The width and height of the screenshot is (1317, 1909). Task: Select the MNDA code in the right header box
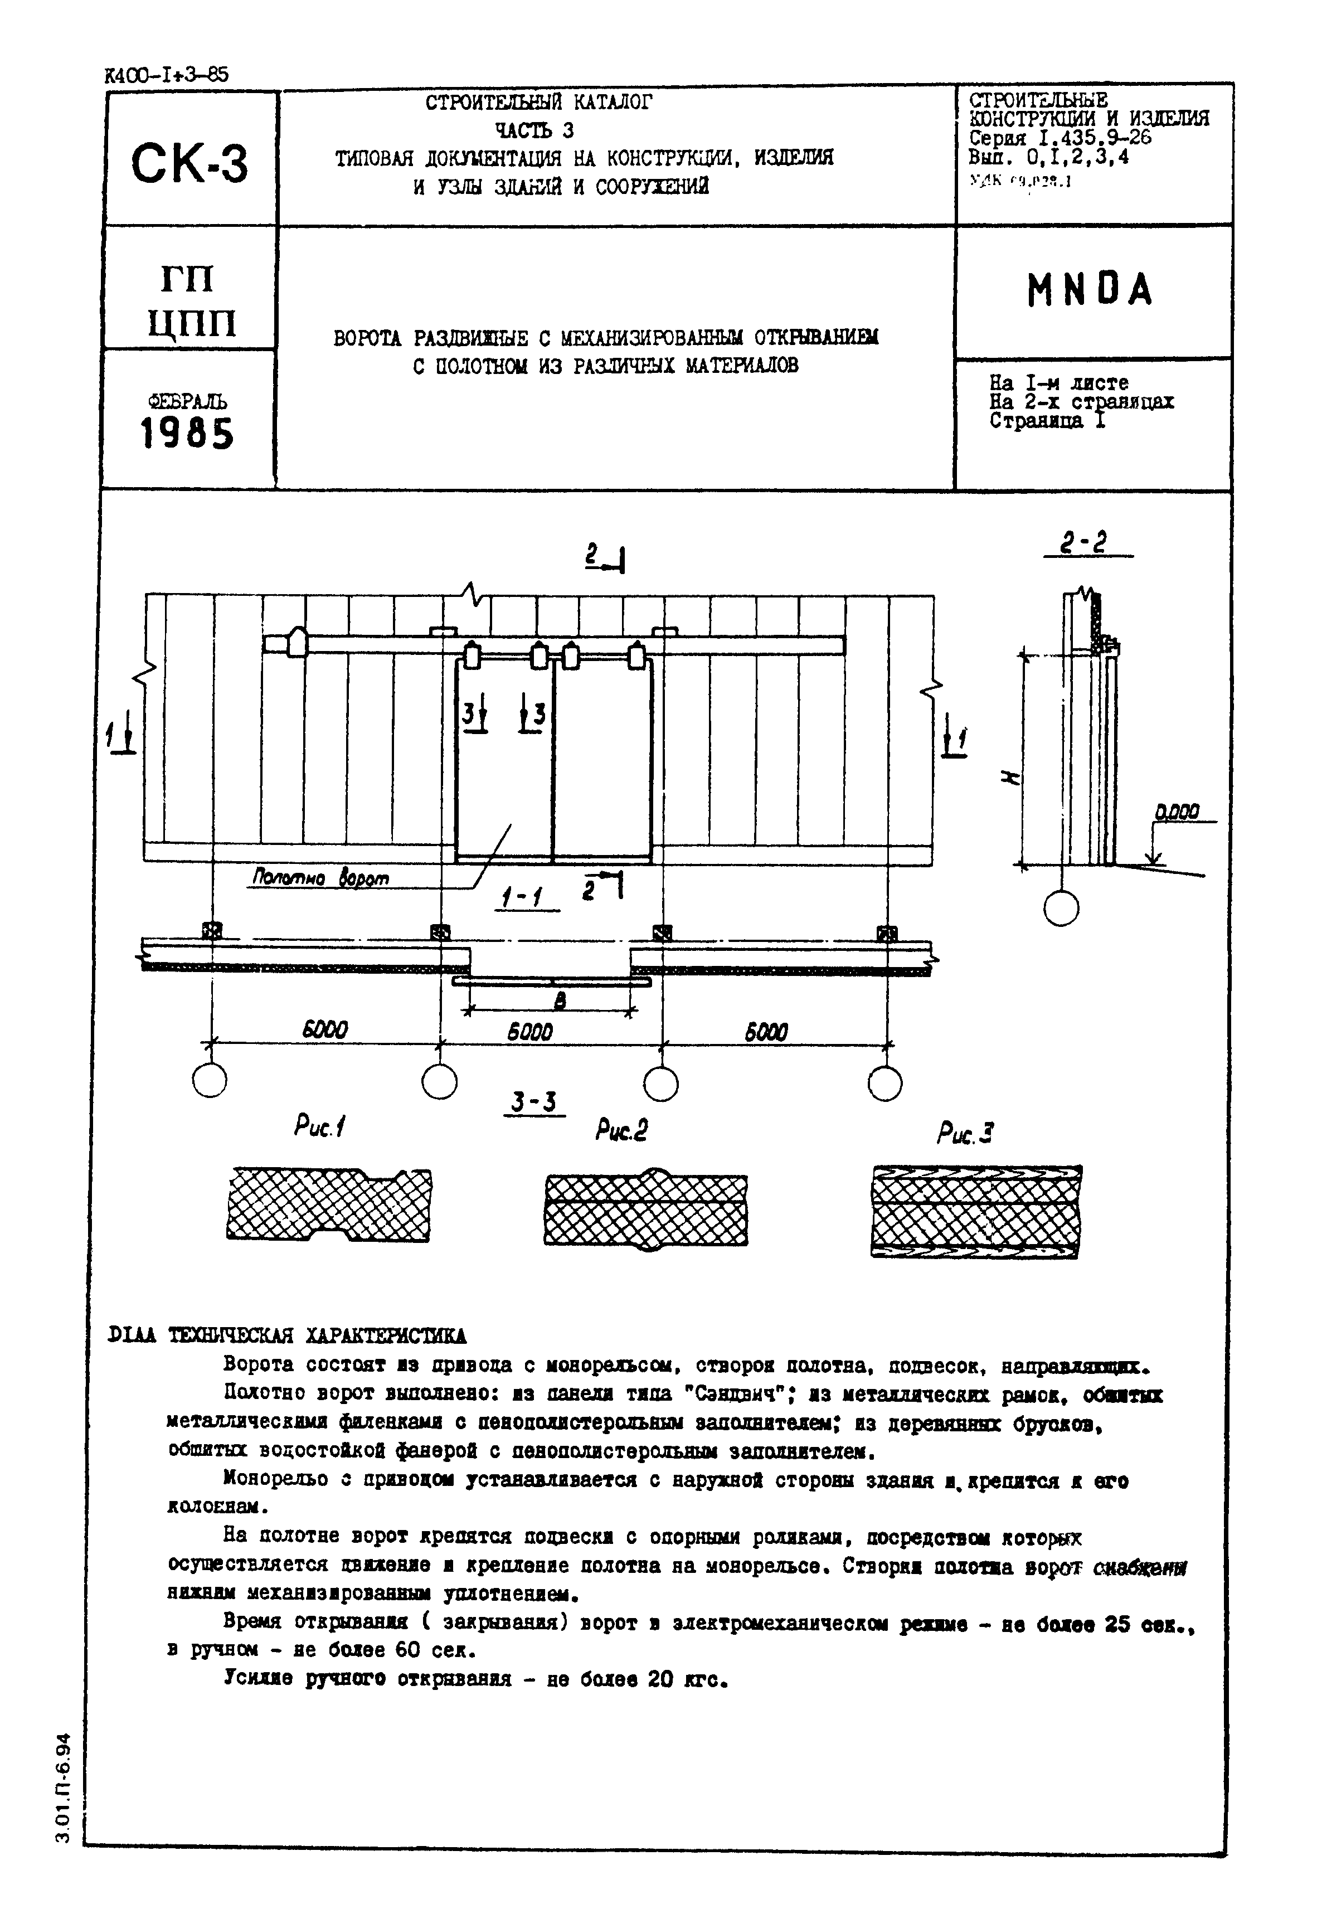click(x=1089, y=290)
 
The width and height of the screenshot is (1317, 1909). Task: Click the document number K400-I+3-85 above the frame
click(x=167, y=75)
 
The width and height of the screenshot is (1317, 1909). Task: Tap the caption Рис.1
click(x=319, y=1127)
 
